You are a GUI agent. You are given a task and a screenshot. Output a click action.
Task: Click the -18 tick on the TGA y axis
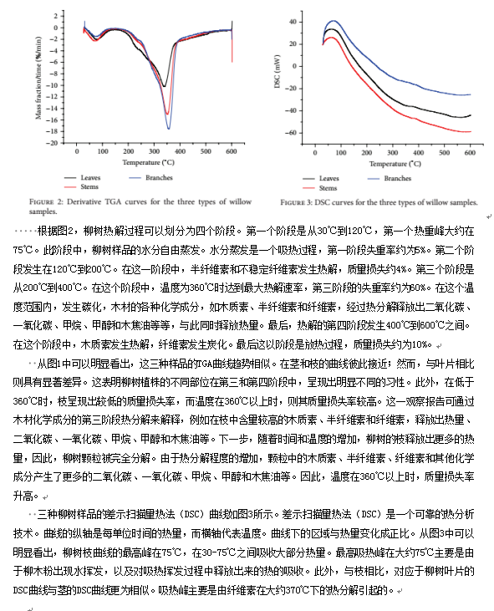tap(52, 132)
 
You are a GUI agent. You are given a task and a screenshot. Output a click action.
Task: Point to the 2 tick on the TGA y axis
tap(56, 16)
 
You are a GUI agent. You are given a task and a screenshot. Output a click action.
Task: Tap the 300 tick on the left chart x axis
tap(155, 151)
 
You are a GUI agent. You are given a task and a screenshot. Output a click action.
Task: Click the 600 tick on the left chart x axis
tap(232, 151)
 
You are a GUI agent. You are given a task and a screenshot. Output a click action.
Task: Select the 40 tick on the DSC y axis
tap(293, 22)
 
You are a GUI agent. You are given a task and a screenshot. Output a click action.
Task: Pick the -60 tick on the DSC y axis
tap(291, 133)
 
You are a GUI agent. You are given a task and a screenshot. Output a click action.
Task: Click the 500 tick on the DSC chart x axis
tap(444, 153)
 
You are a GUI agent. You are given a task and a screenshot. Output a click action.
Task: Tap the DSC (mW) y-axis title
tap(277, 71)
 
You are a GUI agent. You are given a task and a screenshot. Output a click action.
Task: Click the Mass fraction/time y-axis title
tap(38, 78)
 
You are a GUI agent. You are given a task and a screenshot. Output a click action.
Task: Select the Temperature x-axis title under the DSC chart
tap(395, 164)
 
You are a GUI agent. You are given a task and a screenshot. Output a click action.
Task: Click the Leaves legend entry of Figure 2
tap(83, 178)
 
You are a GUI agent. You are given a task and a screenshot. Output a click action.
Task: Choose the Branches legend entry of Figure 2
tap(150, 178)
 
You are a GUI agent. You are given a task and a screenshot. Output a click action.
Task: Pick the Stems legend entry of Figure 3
tap(320, 188)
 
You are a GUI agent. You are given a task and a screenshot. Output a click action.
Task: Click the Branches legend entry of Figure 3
tap(390, 179)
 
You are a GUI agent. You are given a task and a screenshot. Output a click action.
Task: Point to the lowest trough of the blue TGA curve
tap(169, 129)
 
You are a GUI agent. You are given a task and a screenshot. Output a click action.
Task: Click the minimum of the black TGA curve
tap(164, 86)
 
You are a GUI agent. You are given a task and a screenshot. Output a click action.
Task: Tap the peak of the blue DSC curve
tap(334, 21)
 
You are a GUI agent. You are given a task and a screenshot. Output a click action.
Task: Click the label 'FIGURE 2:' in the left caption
tap(46, 201)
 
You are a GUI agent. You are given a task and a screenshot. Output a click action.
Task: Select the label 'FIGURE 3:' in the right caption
tap(296, 202)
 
